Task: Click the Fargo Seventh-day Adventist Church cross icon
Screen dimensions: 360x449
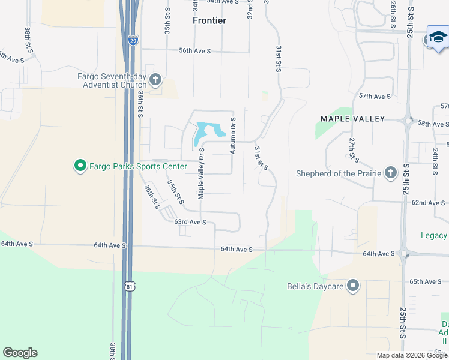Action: (155, 79)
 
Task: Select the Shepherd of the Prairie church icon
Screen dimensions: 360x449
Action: (390, 173)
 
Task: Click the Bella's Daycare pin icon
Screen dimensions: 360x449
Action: (353, 286)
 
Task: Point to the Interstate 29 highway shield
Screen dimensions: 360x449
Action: (133, 40)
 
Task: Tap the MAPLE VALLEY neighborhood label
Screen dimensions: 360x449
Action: (352, 119)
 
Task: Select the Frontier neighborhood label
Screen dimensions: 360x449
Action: (209, 20)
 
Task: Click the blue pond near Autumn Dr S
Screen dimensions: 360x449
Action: (208, 132)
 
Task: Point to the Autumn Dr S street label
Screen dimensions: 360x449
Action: (234, 136)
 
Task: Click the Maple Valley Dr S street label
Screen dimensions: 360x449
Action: (202, 173)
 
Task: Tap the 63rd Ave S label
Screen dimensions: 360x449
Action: (190, 222)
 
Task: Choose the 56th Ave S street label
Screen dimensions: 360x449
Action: (194, 52)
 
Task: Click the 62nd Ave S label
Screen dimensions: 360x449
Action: (427, 203)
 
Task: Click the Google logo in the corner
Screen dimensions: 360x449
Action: (20, 353)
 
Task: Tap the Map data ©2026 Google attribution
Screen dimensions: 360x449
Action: (412, 355)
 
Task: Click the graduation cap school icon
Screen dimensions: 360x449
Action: (438, 38)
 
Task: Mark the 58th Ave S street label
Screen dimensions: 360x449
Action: (433, 124)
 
